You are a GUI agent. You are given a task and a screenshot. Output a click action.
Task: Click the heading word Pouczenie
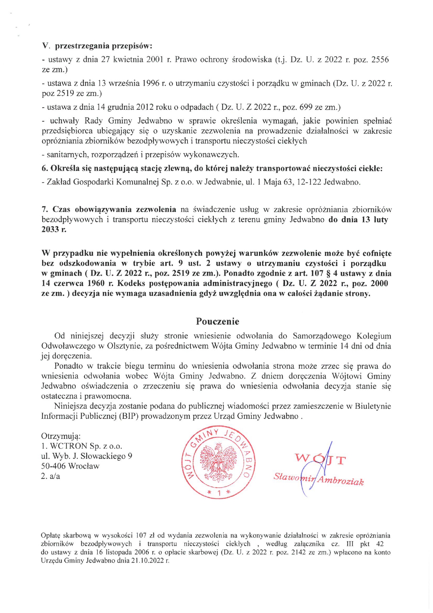[x=218, y=321]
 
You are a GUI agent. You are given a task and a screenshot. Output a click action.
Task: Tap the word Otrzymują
[x=61, y=436]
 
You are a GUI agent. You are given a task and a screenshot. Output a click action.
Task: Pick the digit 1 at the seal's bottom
[x=219, y=493]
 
